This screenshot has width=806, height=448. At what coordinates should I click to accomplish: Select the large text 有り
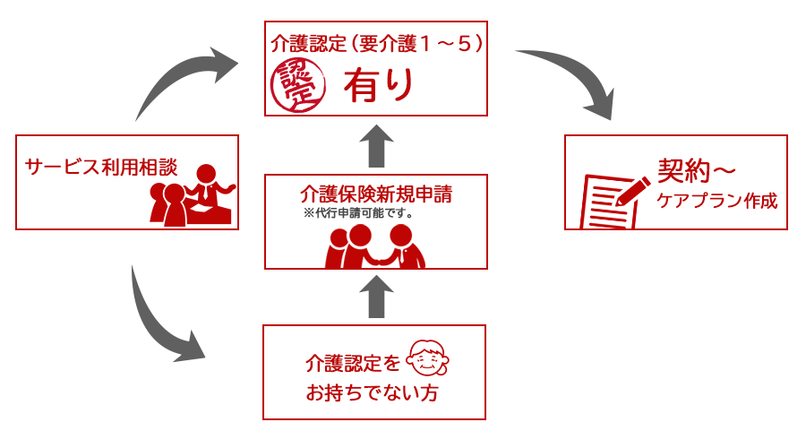(379, 85)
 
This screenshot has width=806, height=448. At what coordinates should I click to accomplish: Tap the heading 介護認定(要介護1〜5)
(376, 42)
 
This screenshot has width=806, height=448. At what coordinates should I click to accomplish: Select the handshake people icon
(376, 246)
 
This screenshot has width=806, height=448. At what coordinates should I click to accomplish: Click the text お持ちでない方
(373, 393)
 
